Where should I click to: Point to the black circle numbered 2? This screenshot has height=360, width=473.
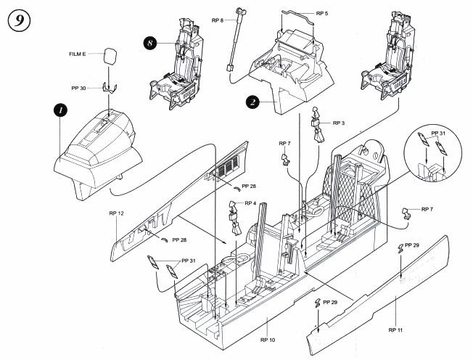pos(252,102)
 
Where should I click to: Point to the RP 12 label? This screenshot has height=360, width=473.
pos(117,215)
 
